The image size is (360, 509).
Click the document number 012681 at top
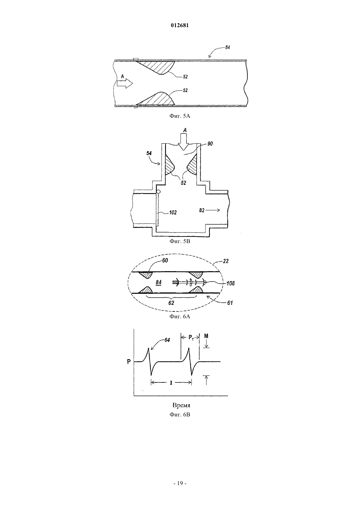click(x=180, y=26)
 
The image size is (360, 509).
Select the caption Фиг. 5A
click(x=180, y=116)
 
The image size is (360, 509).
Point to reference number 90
click(x=210, y=144)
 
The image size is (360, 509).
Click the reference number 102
click(x=173, y=213)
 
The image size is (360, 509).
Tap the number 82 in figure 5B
click(x=202, y=210)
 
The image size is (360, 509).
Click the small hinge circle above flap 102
click(x=158, y=192)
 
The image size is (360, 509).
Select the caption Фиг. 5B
click(x=180, y=241)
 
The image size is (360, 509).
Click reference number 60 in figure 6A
click(x=165, y=260)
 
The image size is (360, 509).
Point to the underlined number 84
click(x=159, y=282)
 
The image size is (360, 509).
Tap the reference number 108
click(x=230, y=283)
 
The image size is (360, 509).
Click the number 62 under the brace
click(x=171, y=303)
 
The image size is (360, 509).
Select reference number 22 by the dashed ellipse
click(x=225, y=261)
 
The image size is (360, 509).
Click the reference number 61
click(x=230, y=303)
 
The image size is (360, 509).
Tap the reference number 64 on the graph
click(x=167, y=340)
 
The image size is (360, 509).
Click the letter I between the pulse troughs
click(x=171, y=383)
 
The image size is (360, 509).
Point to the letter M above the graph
click(x=206, y=336)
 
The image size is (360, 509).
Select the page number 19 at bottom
click(x=180, y=483)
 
